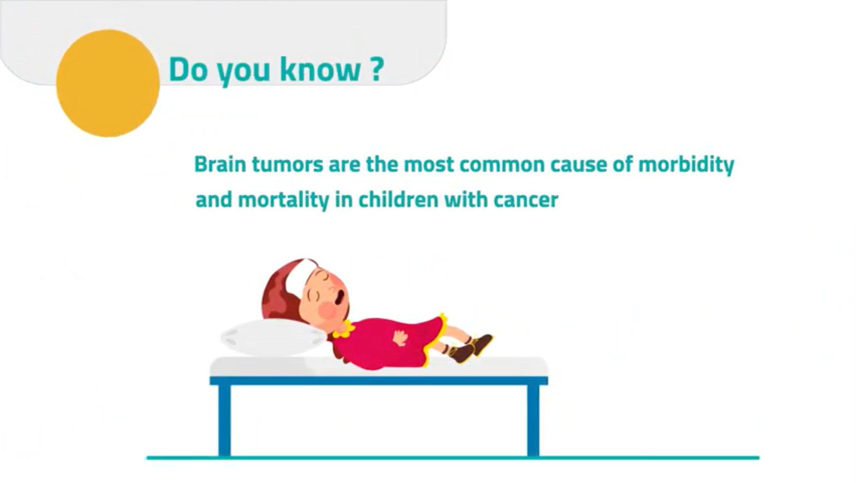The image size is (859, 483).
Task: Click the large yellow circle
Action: (108, 83)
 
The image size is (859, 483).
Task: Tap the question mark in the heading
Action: (377, 69)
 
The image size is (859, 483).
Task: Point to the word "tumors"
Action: (287, 165)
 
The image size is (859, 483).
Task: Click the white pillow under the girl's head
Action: (274, 338)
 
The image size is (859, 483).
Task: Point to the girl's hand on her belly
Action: (401, 338)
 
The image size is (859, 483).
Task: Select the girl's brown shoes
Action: (471, 348)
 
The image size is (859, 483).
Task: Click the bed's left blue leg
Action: (224, 420)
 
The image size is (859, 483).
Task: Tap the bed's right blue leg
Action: (533, 420)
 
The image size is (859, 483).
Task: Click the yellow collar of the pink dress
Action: (344, 330)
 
